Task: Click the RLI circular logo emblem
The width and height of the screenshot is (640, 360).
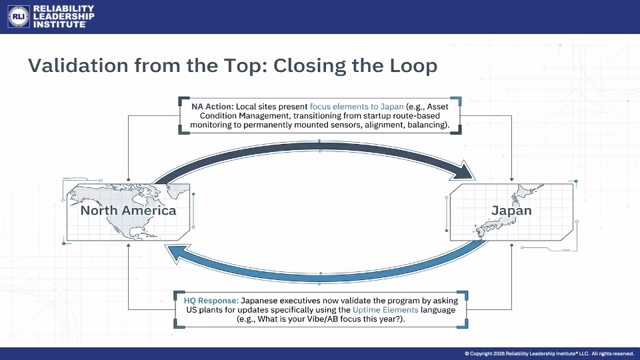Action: pyautogui.click(x=19, y=16)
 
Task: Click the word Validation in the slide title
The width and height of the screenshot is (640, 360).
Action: pyautogui.click(x=78, y=65)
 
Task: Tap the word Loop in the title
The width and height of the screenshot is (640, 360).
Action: pyautogui.click(x=413, y=66)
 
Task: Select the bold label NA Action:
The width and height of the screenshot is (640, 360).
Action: pyautogui.click(x=213, y=107)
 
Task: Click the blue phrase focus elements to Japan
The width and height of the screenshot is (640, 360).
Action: pyautogui.click(x=357, y=107)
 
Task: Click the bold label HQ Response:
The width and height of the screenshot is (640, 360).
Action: pyautogui.click(x=211, y=301)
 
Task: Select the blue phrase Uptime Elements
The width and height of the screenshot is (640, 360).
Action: pyautogui.click(x=385, y=310)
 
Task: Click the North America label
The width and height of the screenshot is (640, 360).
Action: pyautogui.click(x=128, y=211)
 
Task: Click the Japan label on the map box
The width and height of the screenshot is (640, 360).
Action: pyautogui.click(x=511, y=211)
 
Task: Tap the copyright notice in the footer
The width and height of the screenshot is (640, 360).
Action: pyautogui.click(x=549, y=353)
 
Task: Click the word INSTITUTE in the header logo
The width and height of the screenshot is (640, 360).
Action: pyautogui.click(x=59, y=25)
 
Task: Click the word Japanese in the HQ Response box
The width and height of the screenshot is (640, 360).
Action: pyautogui.click(x=258, y=301)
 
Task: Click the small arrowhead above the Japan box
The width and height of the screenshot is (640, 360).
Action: pyautogui.click(x=511, y=179)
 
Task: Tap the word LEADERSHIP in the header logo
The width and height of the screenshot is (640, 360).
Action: pyautogui.click(x=64, y=16)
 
